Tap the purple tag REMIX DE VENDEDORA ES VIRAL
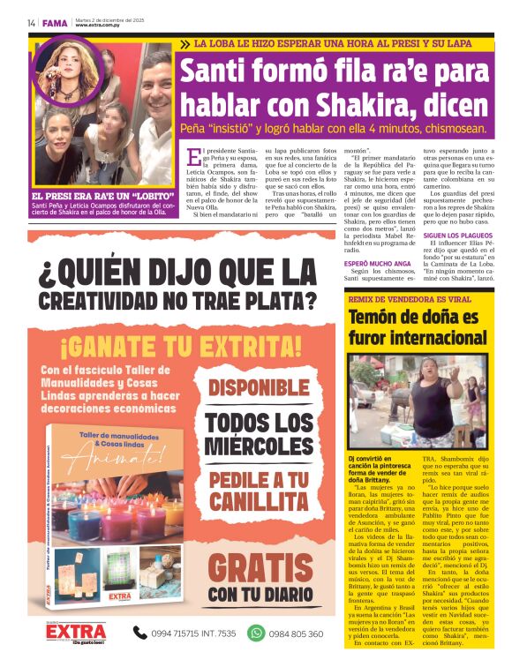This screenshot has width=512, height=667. pos(410,299)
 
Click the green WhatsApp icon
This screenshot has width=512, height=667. pos(256,633)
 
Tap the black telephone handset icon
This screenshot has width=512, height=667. pos(139,633)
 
